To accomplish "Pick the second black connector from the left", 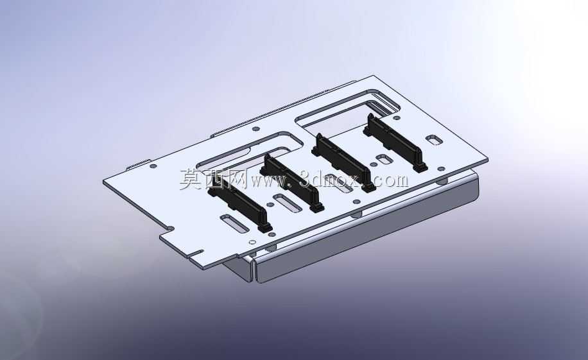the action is coord(291,182).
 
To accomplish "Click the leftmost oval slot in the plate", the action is coord(234,223).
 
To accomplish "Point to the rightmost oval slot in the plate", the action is coord(434,140).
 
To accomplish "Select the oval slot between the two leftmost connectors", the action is coord(286,203).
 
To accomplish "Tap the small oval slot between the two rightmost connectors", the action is coord(385,159).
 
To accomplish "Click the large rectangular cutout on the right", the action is coord(349,112).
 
